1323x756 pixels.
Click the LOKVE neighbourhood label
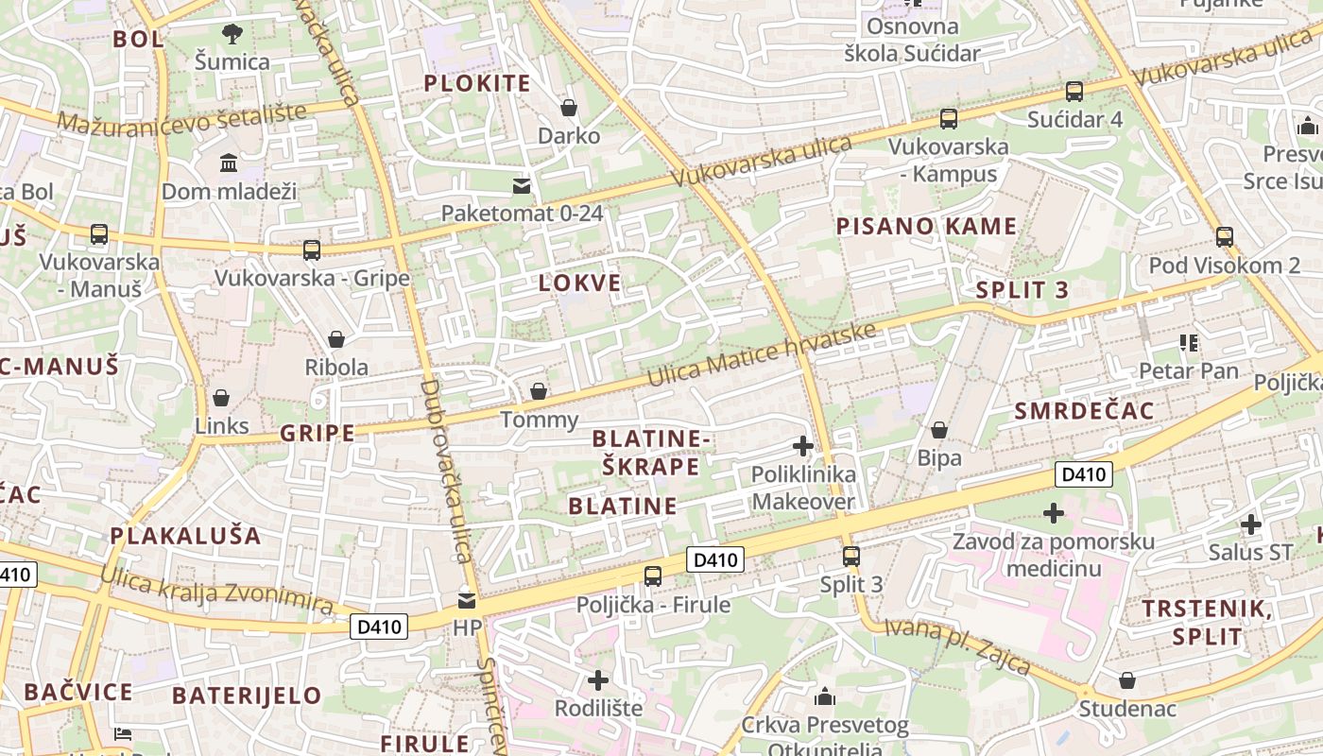point(580,283)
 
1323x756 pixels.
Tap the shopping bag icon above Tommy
point(539,391)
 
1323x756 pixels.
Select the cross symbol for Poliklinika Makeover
point(803,446)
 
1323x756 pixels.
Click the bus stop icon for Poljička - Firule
point(653,576)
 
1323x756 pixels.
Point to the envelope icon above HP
point(467,600)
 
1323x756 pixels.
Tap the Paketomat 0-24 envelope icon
point(522,184)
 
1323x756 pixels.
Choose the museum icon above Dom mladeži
point(229,163)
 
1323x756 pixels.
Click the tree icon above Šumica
point(232,35)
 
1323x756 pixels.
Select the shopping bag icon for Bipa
point(939,431)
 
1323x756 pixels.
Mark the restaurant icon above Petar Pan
point(1189,342)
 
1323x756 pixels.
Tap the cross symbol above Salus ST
point(1251,524)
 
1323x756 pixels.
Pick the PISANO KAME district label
point(926,226)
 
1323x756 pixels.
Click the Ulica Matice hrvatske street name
point(762,354)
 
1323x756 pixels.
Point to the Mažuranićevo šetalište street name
point(181,117)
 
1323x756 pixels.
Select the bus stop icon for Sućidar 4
point(1074,92)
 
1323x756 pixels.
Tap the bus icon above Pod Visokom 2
point(1225,236)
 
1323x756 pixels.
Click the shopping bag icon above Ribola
point(335,339)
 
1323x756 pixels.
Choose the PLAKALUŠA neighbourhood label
point(185,535)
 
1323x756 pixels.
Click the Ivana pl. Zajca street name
point(957,646)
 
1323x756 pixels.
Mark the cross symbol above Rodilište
point(598,680)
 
